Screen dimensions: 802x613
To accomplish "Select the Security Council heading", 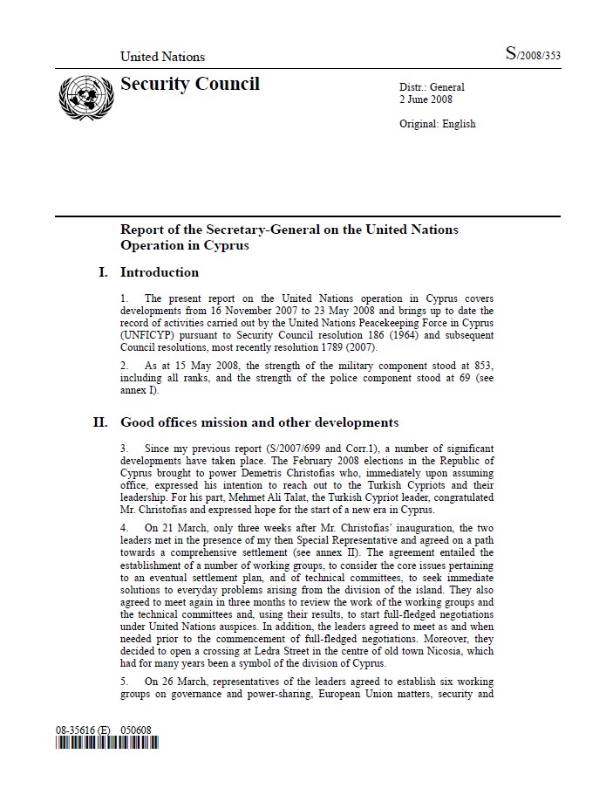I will (x=190, y=85).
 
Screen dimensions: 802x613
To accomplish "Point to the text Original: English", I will (x=437, y=124).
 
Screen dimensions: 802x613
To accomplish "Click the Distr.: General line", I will (x=432, y=87).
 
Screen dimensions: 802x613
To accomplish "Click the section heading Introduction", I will (x=160, y=272).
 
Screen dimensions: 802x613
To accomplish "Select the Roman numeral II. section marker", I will (x=101, y=423).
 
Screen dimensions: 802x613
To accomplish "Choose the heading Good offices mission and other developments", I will (x=259, y=423).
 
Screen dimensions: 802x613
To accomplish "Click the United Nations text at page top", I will (x=162, y=57).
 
